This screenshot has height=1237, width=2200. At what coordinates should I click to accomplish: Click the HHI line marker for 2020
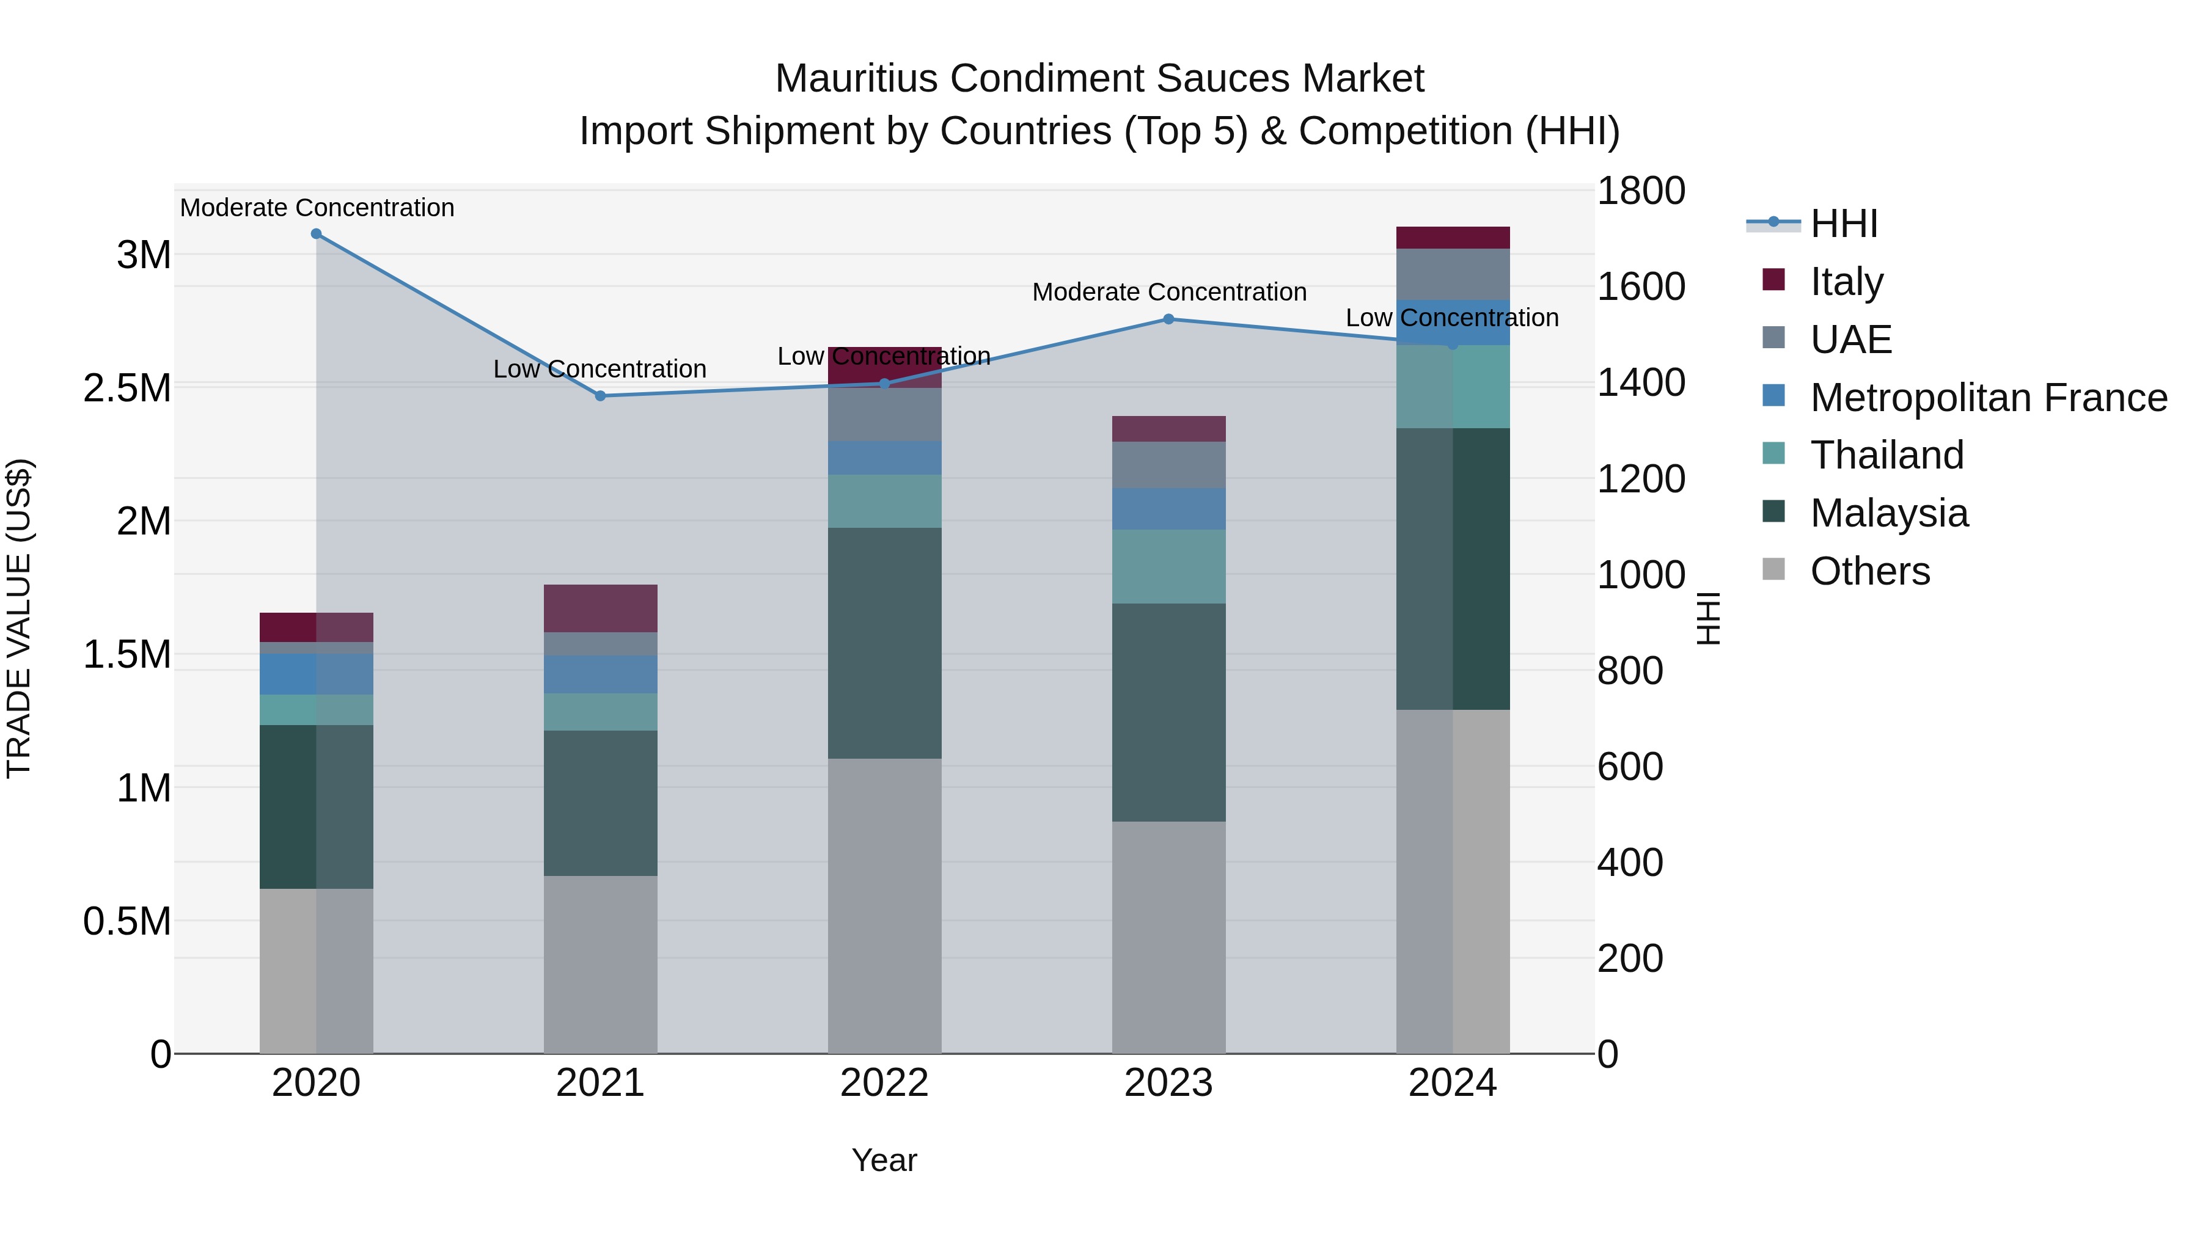316,234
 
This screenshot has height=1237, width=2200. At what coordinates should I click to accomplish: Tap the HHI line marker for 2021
600,396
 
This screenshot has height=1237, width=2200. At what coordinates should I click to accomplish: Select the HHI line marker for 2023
1168,319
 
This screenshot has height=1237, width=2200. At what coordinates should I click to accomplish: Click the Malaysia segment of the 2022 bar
885,643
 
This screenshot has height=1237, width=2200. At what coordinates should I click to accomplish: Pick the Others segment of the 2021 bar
600,965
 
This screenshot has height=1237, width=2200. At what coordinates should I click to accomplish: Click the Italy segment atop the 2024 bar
1453,238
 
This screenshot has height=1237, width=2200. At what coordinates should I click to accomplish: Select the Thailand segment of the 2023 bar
1168,566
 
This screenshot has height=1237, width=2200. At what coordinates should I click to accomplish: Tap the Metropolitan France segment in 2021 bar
600,674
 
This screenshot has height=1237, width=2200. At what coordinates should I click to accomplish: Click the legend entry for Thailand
1886,455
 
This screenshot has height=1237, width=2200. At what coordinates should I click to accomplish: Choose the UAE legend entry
1850,340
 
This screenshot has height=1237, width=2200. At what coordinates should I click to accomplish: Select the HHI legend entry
1843,224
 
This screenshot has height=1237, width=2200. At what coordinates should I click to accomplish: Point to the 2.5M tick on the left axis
127,387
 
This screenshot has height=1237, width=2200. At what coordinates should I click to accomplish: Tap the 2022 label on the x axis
884,1083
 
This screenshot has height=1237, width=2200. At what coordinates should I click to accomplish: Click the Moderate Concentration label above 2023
1168,292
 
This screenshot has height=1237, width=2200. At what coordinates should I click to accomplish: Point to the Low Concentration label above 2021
599,369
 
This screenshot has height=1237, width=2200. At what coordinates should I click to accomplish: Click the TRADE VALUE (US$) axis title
19,618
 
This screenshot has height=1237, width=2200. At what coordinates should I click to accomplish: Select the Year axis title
884,1160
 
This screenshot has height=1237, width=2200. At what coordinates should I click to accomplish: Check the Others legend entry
1869,571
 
